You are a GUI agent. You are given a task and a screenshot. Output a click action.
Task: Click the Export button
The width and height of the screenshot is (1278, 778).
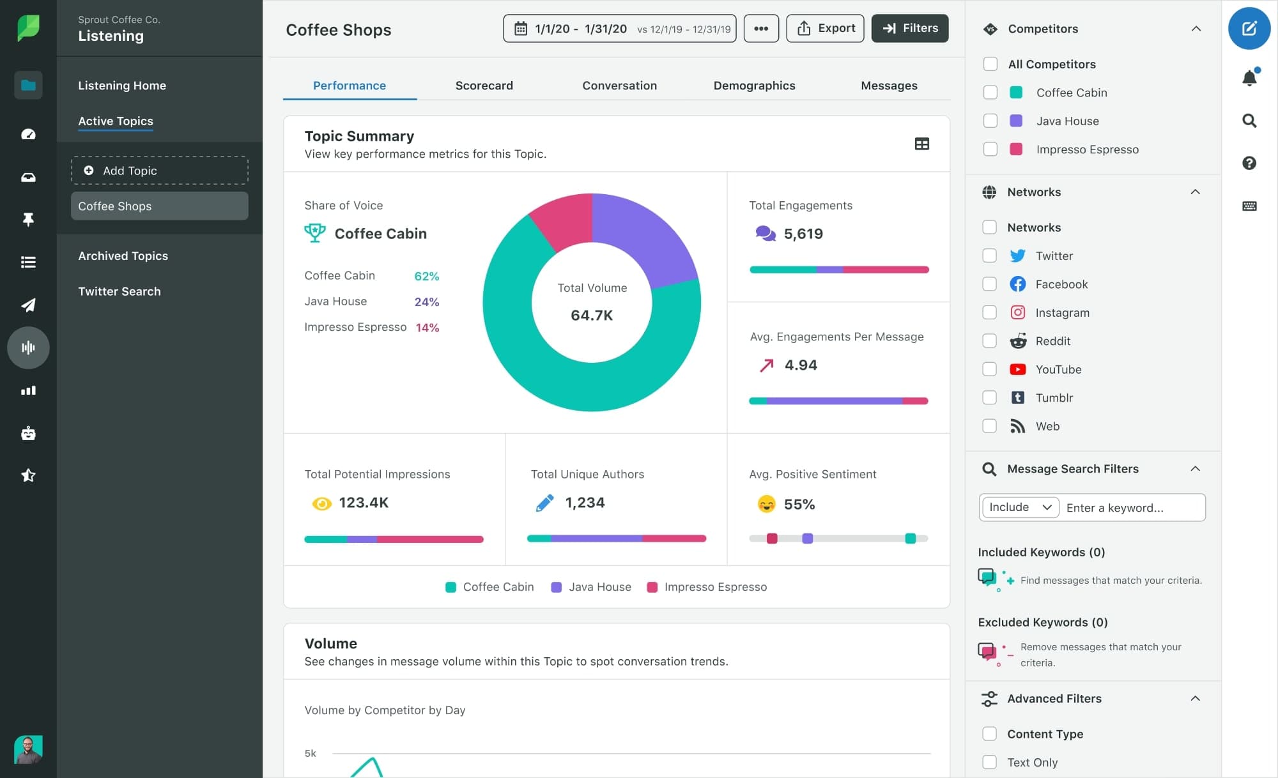[x=825, y=28]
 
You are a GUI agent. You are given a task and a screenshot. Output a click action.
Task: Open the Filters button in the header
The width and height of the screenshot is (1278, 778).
[x=909, y=28]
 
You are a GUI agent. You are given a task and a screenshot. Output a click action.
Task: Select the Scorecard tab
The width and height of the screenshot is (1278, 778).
[x=484, y=86]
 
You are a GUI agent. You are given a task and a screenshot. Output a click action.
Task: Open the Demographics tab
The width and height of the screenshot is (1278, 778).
[x=754, y=86]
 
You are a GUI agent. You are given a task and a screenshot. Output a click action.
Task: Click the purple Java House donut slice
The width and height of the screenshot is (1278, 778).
[x=645, y=236]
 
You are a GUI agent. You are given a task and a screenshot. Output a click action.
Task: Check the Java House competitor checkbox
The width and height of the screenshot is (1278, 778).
[x=990, y=121]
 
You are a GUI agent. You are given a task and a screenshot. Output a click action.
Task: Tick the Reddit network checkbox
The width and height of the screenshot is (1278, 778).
[x=989, y=341]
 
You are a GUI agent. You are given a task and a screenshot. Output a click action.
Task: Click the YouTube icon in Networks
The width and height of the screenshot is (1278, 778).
[x=1017, y=369]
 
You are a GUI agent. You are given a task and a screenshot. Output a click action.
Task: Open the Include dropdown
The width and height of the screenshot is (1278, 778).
[x=1020, y=507]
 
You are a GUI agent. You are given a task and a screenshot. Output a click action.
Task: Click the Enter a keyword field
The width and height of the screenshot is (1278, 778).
[x=1131, y=508]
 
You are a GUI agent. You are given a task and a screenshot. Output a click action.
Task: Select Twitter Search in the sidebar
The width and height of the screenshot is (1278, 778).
[x=119, y=291]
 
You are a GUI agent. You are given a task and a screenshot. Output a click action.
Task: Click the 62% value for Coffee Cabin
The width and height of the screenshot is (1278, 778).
[x=426, y=276]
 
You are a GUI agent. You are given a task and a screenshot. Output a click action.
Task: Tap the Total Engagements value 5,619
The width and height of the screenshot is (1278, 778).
[x=803, y=234]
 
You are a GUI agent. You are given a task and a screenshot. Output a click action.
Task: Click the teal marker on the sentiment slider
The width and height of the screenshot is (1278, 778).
[x=910, y=538]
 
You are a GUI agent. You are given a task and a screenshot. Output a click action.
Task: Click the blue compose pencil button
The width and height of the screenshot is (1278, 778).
[x=1249, y=28]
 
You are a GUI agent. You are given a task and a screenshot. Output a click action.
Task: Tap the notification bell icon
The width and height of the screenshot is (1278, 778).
[x=1249, y=78]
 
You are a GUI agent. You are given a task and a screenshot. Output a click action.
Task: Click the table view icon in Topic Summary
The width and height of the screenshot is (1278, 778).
[x=921, y=144]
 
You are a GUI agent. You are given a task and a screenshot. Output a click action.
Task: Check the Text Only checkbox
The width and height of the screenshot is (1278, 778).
[x=989, y=762]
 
